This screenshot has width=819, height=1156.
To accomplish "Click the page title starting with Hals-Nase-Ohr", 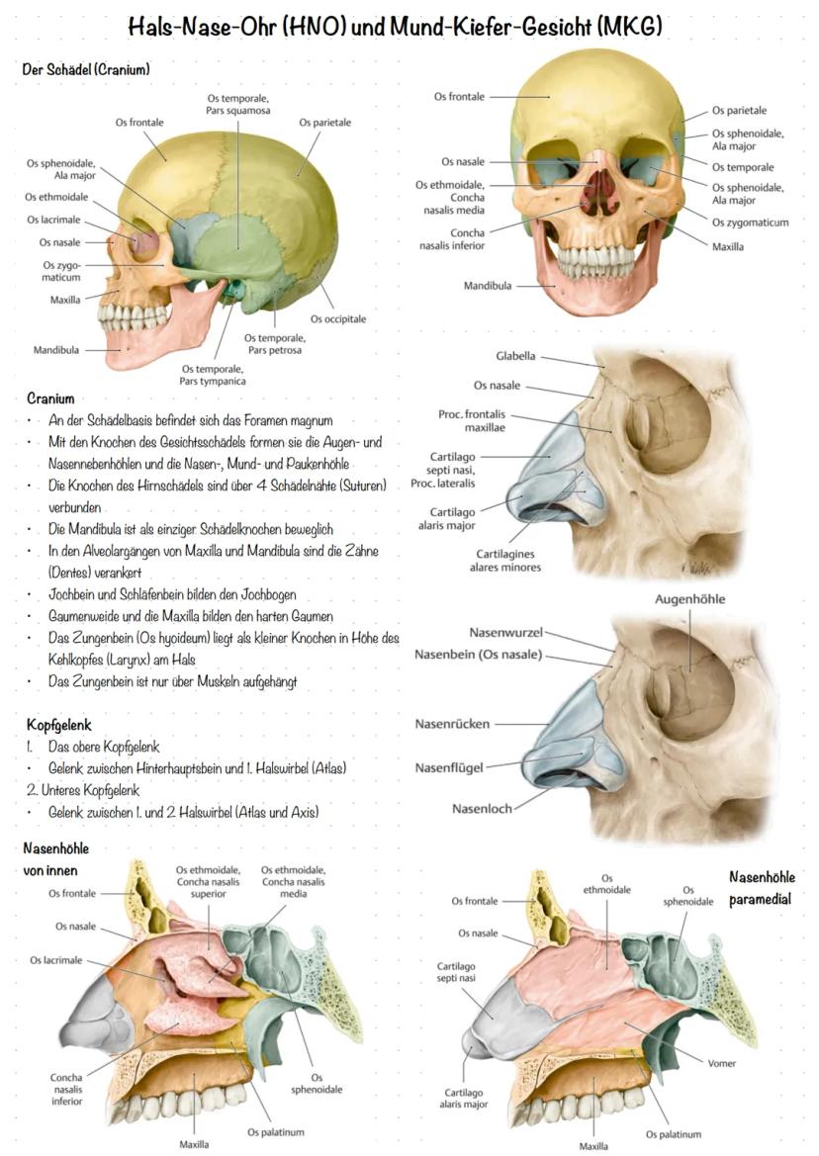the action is (x=395, y=27).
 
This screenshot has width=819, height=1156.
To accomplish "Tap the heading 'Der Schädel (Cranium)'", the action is (x=86, y=69).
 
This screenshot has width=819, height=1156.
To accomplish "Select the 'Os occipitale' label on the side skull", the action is (x=337, y=318).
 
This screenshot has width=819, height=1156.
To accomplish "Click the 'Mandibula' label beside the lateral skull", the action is (x=56, y=349).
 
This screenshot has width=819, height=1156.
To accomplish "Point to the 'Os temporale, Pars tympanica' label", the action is (x=213, y=375).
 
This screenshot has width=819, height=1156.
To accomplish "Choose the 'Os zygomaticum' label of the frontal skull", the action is (x=750, y=222).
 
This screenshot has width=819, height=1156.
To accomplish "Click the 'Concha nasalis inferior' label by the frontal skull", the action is (x=452, y=239).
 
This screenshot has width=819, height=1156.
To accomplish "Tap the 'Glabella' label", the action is (x=515, y=355).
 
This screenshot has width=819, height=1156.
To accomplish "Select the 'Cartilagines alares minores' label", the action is (x=505, y=561).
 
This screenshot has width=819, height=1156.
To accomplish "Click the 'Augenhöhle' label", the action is (x=690, y=599).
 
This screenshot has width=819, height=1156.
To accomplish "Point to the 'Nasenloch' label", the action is (x=482, y=808).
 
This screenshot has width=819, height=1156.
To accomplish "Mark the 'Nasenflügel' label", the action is (x=449, y=767).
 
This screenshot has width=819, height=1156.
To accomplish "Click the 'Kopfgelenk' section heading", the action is (x=59, y=725).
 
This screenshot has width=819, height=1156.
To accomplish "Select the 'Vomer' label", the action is (x=722, y=1063).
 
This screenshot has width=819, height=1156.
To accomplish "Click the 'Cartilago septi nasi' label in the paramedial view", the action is (x=456, y=972).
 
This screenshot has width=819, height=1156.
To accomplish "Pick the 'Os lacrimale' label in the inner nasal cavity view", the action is (x=56, y=960).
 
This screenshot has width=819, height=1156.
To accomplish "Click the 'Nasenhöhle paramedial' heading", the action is (x=762, y=888).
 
